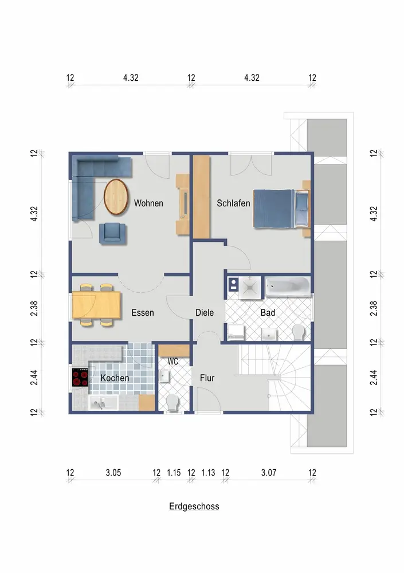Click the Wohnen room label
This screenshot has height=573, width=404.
148,203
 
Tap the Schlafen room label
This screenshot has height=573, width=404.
233,203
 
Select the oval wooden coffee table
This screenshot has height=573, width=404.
116,197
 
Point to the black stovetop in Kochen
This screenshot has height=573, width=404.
80,378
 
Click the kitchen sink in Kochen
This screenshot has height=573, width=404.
103,403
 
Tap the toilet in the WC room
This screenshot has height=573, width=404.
172,402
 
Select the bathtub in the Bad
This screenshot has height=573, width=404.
288,286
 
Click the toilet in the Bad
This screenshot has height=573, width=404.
299,332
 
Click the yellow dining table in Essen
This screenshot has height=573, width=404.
96,305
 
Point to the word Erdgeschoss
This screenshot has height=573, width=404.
194,507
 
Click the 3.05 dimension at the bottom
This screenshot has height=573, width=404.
113,473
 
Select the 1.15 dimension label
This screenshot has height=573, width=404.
174,473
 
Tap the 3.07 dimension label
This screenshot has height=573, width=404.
269,473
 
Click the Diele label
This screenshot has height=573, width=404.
205,312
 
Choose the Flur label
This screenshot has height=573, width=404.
207,378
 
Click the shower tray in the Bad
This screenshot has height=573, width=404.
250,288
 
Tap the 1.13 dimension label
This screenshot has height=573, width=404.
208,473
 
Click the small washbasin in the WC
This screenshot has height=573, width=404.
164,375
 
